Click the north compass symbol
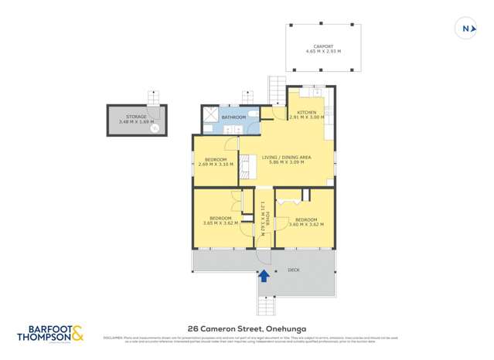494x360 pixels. point(466,29)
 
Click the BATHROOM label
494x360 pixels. point(234,117)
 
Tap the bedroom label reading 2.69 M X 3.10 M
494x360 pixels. point(215,161)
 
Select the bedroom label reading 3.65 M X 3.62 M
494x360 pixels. point(220,221)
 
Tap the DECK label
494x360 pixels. point(294,270)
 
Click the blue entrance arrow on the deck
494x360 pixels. point(264,274)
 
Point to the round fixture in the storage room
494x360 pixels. point(155,129)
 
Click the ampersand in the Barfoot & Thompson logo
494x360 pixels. point(79,334)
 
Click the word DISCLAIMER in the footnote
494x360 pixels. point(114,338)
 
